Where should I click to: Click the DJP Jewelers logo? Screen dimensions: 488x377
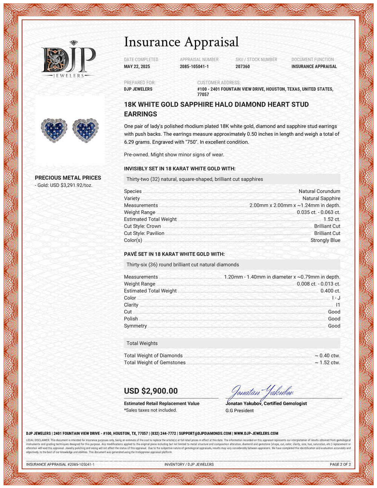pos(68,60)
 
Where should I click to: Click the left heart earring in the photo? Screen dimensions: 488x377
pos(54,129)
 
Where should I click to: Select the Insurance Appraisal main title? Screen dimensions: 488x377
pos(181,42)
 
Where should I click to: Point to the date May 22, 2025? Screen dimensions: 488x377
pos(137,67)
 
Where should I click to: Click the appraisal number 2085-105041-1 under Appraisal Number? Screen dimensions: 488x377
pos(194,67)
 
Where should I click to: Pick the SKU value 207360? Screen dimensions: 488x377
pos(242,67)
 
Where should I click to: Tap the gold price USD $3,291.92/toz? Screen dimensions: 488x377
pos(65,185)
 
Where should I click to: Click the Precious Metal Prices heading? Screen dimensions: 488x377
pos(68,178)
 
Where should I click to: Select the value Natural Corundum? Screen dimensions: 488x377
pos(319,191)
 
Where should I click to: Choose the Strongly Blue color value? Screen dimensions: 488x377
pos(325,240)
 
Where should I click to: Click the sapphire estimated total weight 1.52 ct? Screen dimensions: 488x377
pos(332,219)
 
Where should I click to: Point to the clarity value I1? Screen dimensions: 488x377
pos(338,305)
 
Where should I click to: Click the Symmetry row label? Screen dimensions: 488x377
pos(135,326)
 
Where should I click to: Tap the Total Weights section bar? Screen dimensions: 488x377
pos(232,343)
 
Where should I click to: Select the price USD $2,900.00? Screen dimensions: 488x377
pos(151,391)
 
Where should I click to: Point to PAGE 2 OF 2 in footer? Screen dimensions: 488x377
pos(340,464)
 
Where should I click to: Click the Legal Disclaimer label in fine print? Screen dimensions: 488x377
pos(38,440)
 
